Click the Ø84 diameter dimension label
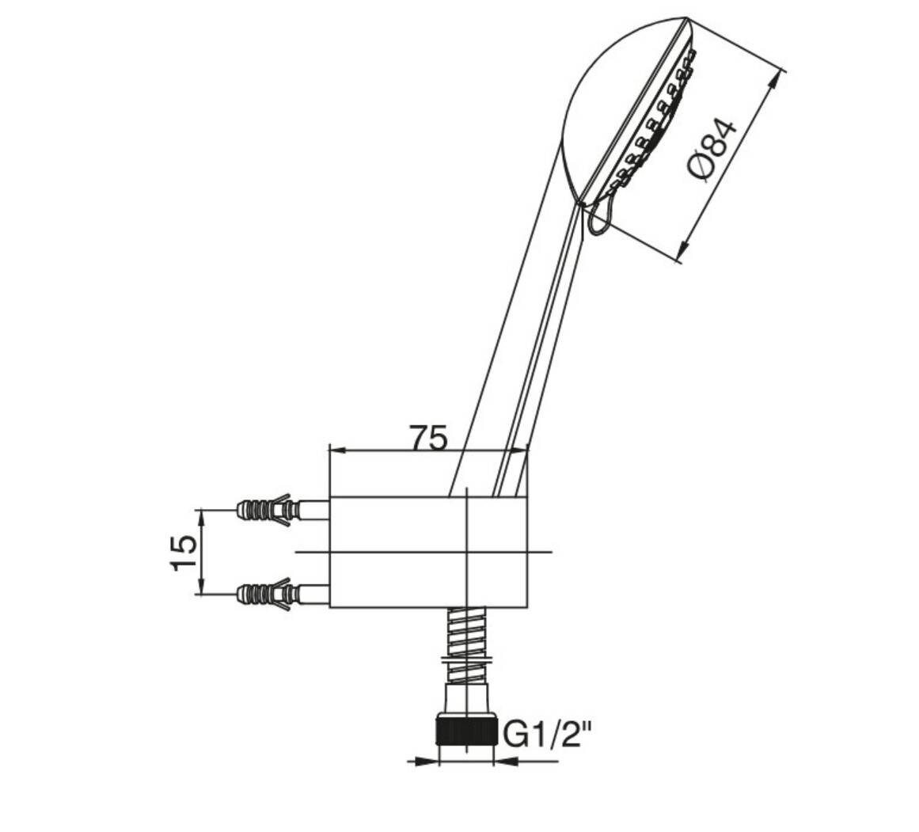[x=712, y=149]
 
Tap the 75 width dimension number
[x=428, y=438]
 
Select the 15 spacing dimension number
[x=184, y=553]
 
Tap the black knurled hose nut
[x=466, y=729]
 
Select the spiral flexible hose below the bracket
[x=466, y=645]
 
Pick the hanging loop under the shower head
[x=599, y=217]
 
